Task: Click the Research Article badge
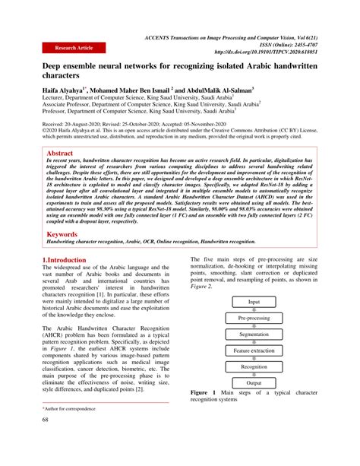click(x=73, y=47)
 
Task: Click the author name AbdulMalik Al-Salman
click(x=220, y=90)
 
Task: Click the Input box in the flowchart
click(x=254, y=302)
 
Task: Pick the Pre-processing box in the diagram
click(x=254, y=318)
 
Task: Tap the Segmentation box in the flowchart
click(x=254, y=334)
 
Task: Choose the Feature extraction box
click(x=254, y=350)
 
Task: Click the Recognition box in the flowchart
click(x=254, y=366)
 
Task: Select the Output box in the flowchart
click(x=254, y=383)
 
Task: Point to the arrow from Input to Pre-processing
click(x=254, y=310)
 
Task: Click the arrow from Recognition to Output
click(x=254, y=375)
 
